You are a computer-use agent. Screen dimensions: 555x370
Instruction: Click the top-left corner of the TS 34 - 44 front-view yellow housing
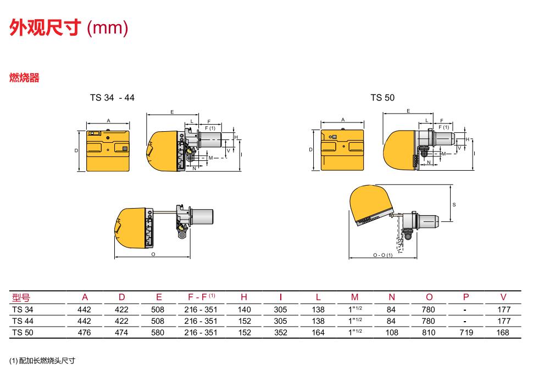(87, 131)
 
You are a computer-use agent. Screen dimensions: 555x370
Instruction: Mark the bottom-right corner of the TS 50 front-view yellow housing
(364, 170)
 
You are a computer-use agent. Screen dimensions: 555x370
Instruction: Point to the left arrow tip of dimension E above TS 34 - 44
(147, 115)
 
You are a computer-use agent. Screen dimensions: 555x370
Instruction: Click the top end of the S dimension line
(451, 185)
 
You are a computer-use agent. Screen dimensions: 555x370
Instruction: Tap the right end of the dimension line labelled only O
(190, 257)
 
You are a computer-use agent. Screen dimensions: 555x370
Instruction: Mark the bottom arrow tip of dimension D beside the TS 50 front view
(314, 170)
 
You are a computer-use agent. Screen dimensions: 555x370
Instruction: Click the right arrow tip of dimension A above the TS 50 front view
(364, 123)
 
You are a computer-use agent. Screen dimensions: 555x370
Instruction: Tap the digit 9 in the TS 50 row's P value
(471, 333)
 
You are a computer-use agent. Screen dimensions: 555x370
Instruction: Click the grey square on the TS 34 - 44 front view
(125, 149)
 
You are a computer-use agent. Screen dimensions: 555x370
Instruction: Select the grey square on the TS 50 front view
(334, 137)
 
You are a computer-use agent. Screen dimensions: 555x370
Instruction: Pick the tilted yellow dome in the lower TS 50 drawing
(370, 203)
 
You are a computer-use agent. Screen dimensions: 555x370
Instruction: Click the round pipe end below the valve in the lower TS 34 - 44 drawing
(182, 234)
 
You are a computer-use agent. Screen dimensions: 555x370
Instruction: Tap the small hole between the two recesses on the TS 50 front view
(343, 145)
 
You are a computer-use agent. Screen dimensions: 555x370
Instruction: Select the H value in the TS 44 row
(245, 321)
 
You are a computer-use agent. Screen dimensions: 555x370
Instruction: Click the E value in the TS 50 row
(158, 333)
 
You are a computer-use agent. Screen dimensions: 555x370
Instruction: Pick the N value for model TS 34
(391, 310)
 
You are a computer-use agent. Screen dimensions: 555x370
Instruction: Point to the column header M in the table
(354, 297)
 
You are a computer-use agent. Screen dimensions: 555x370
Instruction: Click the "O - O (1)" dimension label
(382, 255)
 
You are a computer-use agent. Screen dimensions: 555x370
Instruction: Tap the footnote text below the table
(42, 361)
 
